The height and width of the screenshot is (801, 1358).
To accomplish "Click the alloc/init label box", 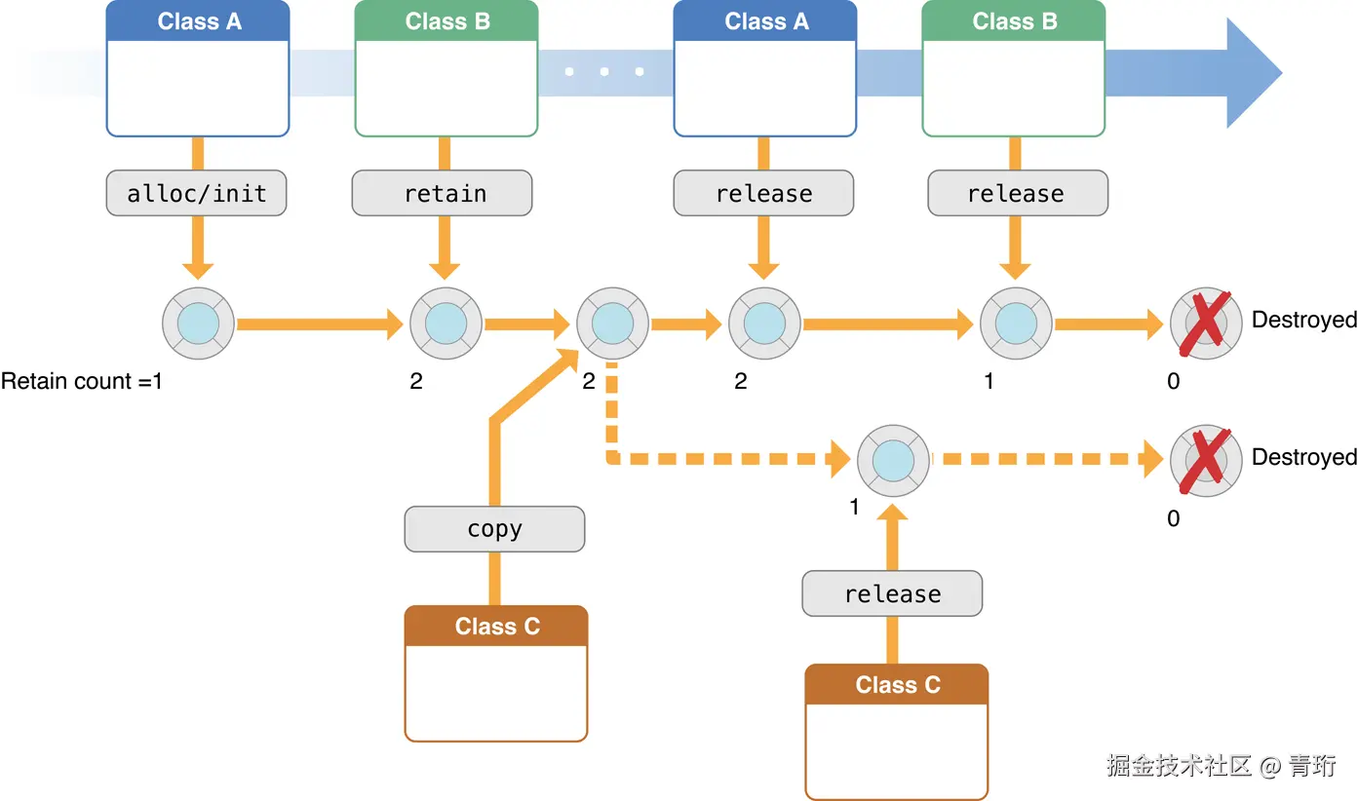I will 196,193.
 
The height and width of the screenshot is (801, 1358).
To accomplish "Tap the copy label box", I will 494,529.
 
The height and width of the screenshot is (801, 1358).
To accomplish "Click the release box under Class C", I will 892,593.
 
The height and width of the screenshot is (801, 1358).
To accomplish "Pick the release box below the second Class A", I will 763,193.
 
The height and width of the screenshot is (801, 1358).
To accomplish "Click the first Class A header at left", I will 198,21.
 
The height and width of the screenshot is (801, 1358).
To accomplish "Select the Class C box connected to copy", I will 496,672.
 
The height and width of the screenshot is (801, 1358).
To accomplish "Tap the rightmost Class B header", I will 1014,21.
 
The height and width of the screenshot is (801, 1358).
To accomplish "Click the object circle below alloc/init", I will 199,324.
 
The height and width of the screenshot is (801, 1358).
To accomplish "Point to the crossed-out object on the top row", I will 1206,322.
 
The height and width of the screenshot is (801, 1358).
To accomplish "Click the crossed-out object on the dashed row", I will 1206,458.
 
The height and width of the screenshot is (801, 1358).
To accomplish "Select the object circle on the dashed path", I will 893,460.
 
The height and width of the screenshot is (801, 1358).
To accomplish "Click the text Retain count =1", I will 82,381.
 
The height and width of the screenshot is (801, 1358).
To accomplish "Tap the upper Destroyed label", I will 1303,320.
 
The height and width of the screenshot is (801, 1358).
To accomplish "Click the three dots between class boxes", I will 604,71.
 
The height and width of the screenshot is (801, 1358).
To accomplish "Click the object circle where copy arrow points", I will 613,324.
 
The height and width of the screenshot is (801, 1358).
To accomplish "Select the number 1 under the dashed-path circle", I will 855,508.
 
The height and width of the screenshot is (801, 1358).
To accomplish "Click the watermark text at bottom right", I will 1221,766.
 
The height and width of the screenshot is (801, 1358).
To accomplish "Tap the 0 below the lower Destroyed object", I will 1173,518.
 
